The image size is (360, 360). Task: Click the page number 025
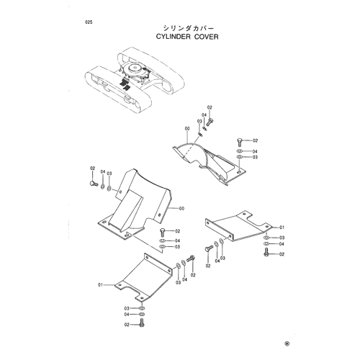click(89, 22)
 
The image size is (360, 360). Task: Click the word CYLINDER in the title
click(174, 37)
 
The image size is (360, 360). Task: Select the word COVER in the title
click(207, 37)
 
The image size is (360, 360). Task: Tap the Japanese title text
click(188, 28)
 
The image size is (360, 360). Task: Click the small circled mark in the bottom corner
click(287, 343)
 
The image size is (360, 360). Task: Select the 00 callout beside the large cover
click(181, 209)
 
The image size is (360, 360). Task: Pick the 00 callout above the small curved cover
click(187, 129)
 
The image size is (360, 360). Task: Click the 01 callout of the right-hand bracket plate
click(282, 227)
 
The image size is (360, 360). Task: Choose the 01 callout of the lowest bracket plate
click(100, 284)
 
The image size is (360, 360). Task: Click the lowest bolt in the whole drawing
click(142, 323)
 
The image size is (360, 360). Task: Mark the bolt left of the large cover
click(93, 184)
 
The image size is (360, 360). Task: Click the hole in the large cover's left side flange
click(120, 192)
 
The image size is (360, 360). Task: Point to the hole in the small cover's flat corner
click(238, 172)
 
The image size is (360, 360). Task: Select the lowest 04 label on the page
click(127, 315)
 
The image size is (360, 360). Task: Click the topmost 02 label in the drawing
click(210, 107)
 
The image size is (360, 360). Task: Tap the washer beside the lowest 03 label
click(142, 308)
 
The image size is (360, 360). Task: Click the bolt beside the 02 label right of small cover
click(240, 142)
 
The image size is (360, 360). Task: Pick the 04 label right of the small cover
click(255, 151)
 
